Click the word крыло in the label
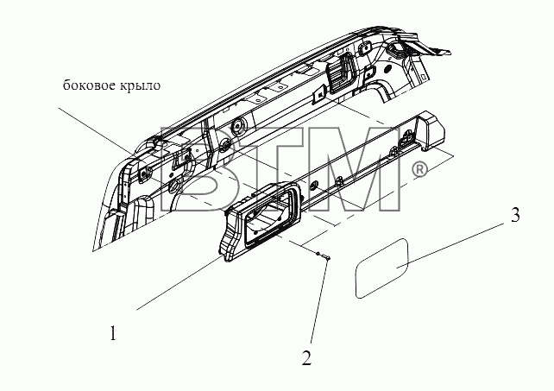(140, 86)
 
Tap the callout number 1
(113, 333)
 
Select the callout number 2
(306, 357)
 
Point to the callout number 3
(515, 215)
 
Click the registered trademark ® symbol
(419, 170)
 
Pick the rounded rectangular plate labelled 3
(382, 268)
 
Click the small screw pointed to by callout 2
(324, 255)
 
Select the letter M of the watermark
(359, 169)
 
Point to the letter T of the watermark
(268, 169)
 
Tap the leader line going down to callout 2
(319, 301)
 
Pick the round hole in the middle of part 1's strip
(313, 186)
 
